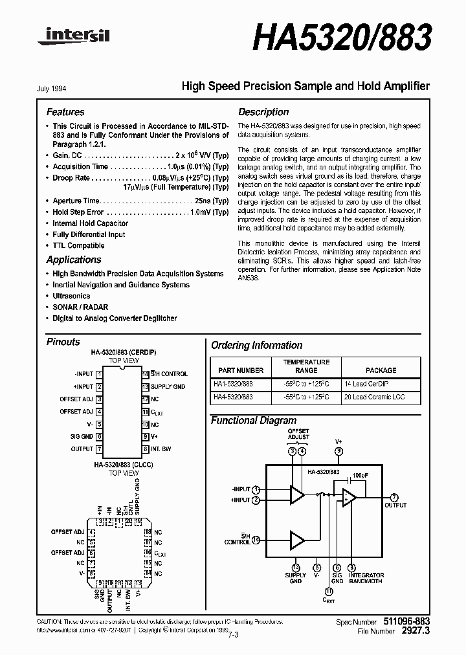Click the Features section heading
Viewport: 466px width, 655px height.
click(x=65, y=112)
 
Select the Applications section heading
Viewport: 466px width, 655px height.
click(x=74, y=260)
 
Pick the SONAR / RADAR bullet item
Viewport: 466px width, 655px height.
click(x=80, y=307)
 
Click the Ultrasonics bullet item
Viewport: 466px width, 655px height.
click(x=71, y=296)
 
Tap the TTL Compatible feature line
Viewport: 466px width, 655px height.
click(x=78, y=245)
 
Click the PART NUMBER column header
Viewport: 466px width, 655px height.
click(x=241, y=370)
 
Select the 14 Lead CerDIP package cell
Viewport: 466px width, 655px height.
click(x=381, y=384)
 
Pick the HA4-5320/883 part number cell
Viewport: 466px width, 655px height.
click(x=234, y=397)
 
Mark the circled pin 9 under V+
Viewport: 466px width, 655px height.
click(x=338, y=451)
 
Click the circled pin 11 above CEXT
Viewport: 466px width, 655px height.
click(x=329, y=591)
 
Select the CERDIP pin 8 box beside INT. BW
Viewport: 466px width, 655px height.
click(x=146, y=448)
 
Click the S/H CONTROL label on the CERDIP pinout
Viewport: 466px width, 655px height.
click(x=169, y=373)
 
